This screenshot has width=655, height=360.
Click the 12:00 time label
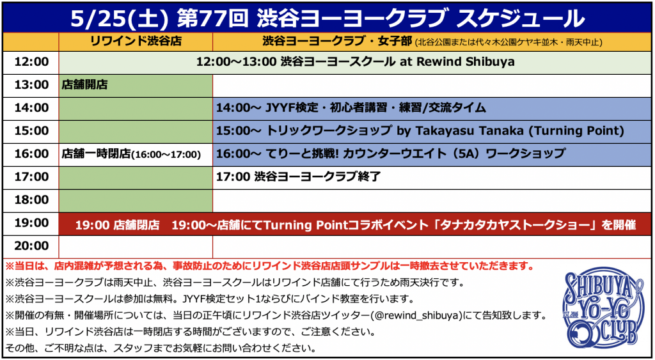tap(31, 62)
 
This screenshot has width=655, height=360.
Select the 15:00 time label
tap(31, 131)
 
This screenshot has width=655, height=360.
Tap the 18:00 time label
tap(31, 200)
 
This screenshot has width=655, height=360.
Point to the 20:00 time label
tap(31, 246)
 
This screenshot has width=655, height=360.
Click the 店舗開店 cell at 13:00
tap(84, 85)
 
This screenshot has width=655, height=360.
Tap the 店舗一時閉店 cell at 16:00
tap(131, 154)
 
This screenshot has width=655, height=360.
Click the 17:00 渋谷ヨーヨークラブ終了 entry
tap(298, 177)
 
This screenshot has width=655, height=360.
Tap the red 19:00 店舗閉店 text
tap(118, 225)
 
